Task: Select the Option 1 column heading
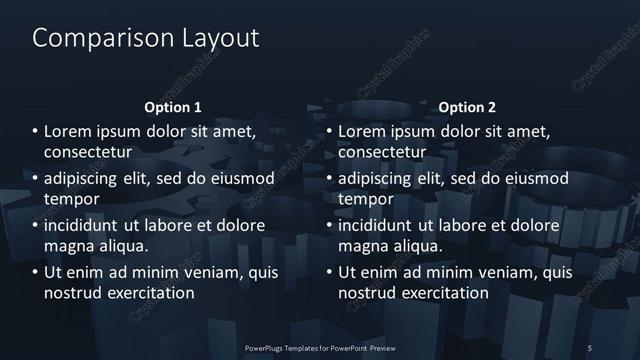click(x=173, y=107)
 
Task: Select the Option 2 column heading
click(x=467, y=107)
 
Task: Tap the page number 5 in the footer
click(x=590, y=347)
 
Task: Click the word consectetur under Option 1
click(x=89, y=152)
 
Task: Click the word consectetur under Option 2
click(x=383, y=152)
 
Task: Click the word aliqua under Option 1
click(x=121, y=245)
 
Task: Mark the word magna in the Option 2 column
click(x=362, y=245)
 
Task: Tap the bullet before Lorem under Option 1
click(x=36, y=132)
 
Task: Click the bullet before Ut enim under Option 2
click(x=330, y=272)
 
